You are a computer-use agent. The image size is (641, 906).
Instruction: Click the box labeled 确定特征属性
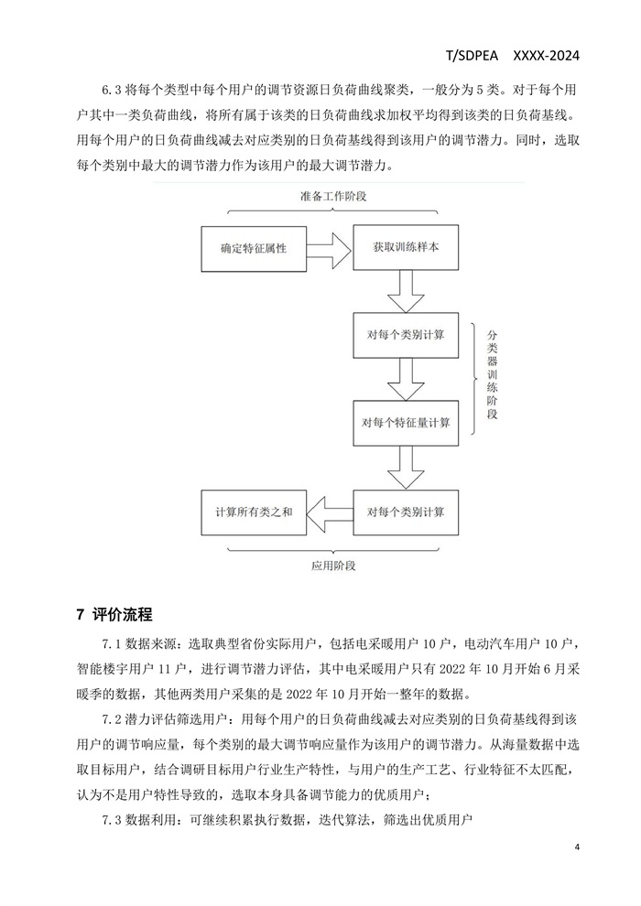(x=254, y=249)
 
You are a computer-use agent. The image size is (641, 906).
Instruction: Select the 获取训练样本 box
(x=406, y=248)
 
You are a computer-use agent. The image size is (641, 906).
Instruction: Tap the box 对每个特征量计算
(x=406, y=423)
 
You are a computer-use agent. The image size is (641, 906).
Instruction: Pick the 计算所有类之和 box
(x=254, y=512)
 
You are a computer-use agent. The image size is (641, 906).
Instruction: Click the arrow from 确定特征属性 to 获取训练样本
(x=330, y=249)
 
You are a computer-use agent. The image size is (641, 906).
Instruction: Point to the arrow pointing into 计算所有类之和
(x=330, y=511)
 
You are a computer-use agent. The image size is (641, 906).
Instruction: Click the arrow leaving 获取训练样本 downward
(x=406, y=291)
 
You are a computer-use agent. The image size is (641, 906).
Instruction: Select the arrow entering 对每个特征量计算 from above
(x=406, y=379)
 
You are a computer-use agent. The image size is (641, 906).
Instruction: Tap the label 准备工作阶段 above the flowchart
(x=333, y=197)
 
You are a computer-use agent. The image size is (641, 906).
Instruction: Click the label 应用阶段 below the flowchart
(x=333, y=566)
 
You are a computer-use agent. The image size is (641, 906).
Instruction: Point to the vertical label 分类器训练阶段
(x=493, y=374)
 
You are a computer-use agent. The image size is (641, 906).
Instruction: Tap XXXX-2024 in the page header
(x=546, y=56)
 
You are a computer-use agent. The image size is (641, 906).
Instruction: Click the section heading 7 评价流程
(x=114, y=614)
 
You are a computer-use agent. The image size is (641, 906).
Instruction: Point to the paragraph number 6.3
(x=111, y=90)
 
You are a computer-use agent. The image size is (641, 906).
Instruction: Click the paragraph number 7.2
(x=111, y=720)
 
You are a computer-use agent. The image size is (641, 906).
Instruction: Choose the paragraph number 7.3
(x=111, y=819)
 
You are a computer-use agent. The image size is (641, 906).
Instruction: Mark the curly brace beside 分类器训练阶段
(x=474, y=379)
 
